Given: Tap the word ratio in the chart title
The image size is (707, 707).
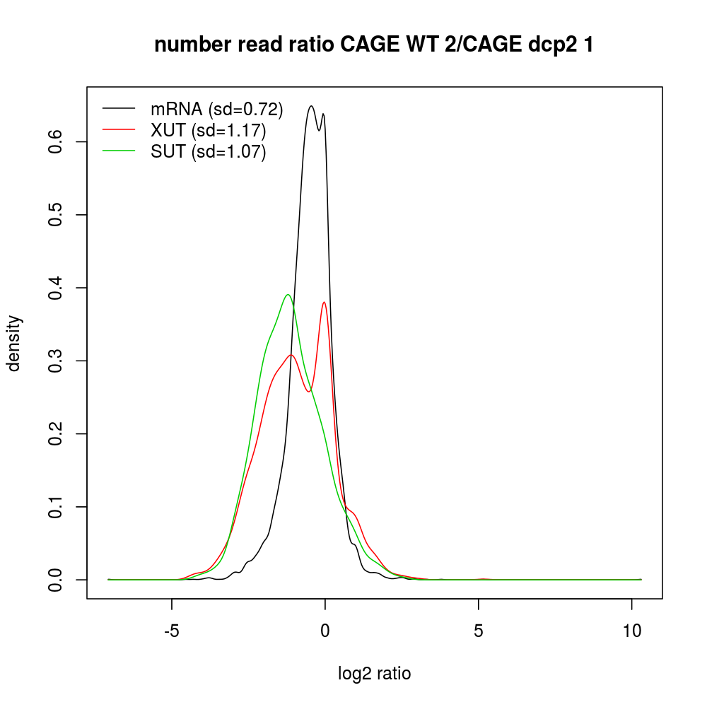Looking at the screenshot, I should click(x=310, y=45).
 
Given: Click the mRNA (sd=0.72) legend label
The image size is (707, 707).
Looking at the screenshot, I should click(x=216, y=109).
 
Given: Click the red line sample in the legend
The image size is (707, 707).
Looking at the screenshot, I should click(x=119, y=130).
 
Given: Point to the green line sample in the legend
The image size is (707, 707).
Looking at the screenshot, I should click(x=119, y=151).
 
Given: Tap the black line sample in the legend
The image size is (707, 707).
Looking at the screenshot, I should click(x=119, y=109).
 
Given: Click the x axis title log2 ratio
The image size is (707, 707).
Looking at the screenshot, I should click(x=375, y=674).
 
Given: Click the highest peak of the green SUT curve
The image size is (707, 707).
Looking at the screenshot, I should click(x=287, y=295).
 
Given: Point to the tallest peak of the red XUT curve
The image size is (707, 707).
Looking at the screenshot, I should click(x=324, y=302).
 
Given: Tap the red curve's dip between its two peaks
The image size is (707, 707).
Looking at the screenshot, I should click(x=308, y=392).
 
